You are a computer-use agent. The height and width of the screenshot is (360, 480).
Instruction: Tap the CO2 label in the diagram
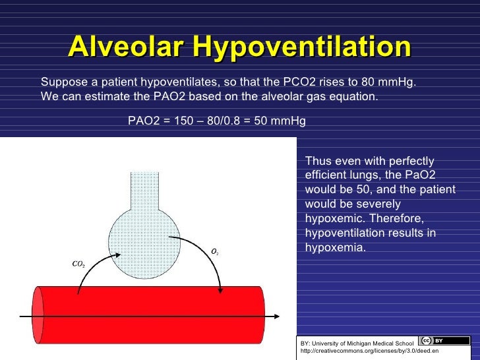tap(78, 264)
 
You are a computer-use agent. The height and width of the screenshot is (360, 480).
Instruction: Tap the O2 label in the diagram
tap(215, 251)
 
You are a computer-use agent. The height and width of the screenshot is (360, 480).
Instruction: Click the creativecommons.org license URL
tap(369, 351)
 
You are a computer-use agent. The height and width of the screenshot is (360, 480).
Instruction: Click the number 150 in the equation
tap(174, 121)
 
